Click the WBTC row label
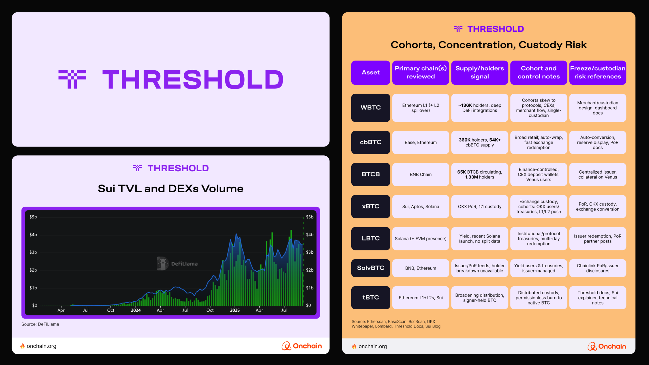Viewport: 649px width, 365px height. pos(371,108)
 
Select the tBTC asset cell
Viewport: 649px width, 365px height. pos(371,298)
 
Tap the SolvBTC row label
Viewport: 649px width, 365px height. pos(371,268)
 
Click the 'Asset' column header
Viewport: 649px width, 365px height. pos(371,72)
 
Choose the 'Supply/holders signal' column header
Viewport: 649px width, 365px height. pos(480,72)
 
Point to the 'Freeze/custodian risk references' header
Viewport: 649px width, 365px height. pos(598,72)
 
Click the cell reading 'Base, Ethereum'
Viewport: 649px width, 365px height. pos(421,142)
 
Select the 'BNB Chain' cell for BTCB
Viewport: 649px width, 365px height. pos(421,174)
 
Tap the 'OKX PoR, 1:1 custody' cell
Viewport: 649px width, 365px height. pos(480,206)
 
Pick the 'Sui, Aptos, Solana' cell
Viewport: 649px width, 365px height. pos(421,206)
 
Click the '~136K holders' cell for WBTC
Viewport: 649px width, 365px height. pos(480,108)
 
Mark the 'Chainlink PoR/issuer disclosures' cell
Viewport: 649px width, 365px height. pos(598,268)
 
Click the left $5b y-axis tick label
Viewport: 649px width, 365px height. pos(33,217)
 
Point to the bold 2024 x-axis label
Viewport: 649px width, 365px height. pos(136,310)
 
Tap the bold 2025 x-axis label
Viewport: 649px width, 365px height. pos(235,310)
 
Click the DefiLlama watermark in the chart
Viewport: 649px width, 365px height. pos(177,264)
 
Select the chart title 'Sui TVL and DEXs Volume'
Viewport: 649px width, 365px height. pos(171,189)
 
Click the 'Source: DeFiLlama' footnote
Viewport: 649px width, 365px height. pos(40,324)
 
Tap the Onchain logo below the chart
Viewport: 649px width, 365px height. pos(302,346)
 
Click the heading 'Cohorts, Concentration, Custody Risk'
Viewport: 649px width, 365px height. pos(489,45)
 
